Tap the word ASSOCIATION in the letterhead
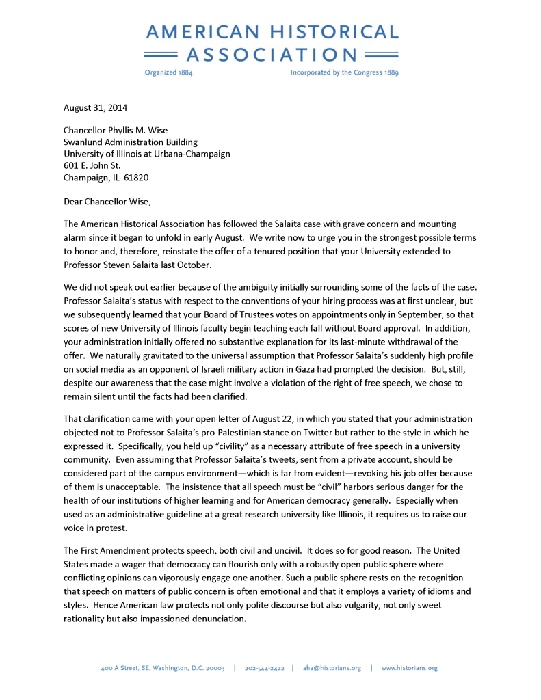click(x=272, y=55)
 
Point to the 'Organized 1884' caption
click(x=169, y=72)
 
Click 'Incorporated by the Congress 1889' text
click(x=344, y=72)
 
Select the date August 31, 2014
click(x=95, y=107)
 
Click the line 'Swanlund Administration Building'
click(x=131, y=142)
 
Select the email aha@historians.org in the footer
click(x=332, y=668)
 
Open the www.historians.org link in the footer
click(x=409, y=668)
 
